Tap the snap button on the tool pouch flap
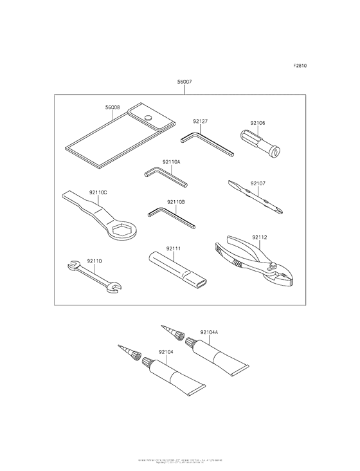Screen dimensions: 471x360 click(x=147, y=118)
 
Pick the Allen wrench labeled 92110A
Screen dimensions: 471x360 click(x=165, y=176)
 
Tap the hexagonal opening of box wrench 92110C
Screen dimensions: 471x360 click(x=122, y=230)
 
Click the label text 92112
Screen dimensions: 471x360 click(x=259, y=237)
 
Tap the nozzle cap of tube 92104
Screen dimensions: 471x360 click(x=147, y=364)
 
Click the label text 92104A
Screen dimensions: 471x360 click(x=209, y=332)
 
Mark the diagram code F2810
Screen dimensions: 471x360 click(x=300, y=66)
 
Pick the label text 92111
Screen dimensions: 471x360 click(x=174, y=247)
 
